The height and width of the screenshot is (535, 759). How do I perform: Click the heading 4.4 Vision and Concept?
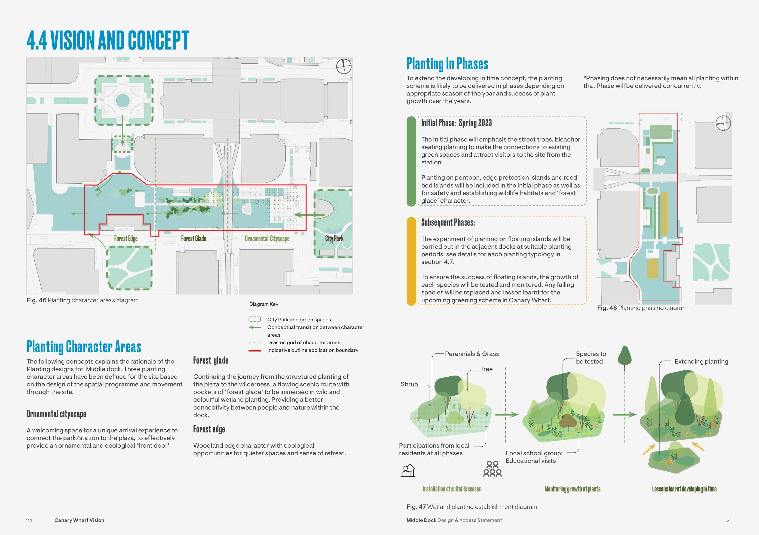tap(108, 40)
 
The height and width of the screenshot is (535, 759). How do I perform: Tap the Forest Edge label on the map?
tap(126, 239)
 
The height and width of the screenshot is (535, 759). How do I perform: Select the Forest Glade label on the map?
tap(193, 239)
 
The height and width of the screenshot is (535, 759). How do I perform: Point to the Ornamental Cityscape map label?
tap(267, 239)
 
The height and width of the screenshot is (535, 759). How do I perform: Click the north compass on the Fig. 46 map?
tap(344, 66)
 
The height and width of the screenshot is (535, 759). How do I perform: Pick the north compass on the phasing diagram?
tap(723, 123)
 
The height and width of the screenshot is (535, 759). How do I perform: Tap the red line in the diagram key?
tap(255, 350)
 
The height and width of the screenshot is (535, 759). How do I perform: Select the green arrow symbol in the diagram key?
tap(255, 327)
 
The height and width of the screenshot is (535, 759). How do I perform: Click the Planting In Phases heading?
tap(447, 64)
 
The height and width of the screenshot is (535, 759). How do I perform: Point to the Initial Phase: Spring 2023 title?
tap(456, 123)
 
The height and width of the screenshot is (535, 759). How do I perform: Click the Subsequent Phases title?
tap(448, 222)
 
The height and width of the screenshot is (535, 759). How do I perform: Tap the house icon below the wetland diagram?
tap(408, 470)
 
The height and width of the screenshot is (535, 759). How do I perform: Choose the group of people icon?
tap(492, 469)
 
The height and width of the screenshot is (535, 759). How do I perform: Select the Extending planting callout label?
tap(701, 361)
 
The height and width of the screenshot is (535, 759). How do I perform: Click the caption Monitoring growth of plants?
tap(572, 489)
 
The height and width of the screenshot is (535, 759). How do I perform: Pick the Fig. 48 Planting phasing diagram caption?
tap(642, 308)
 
